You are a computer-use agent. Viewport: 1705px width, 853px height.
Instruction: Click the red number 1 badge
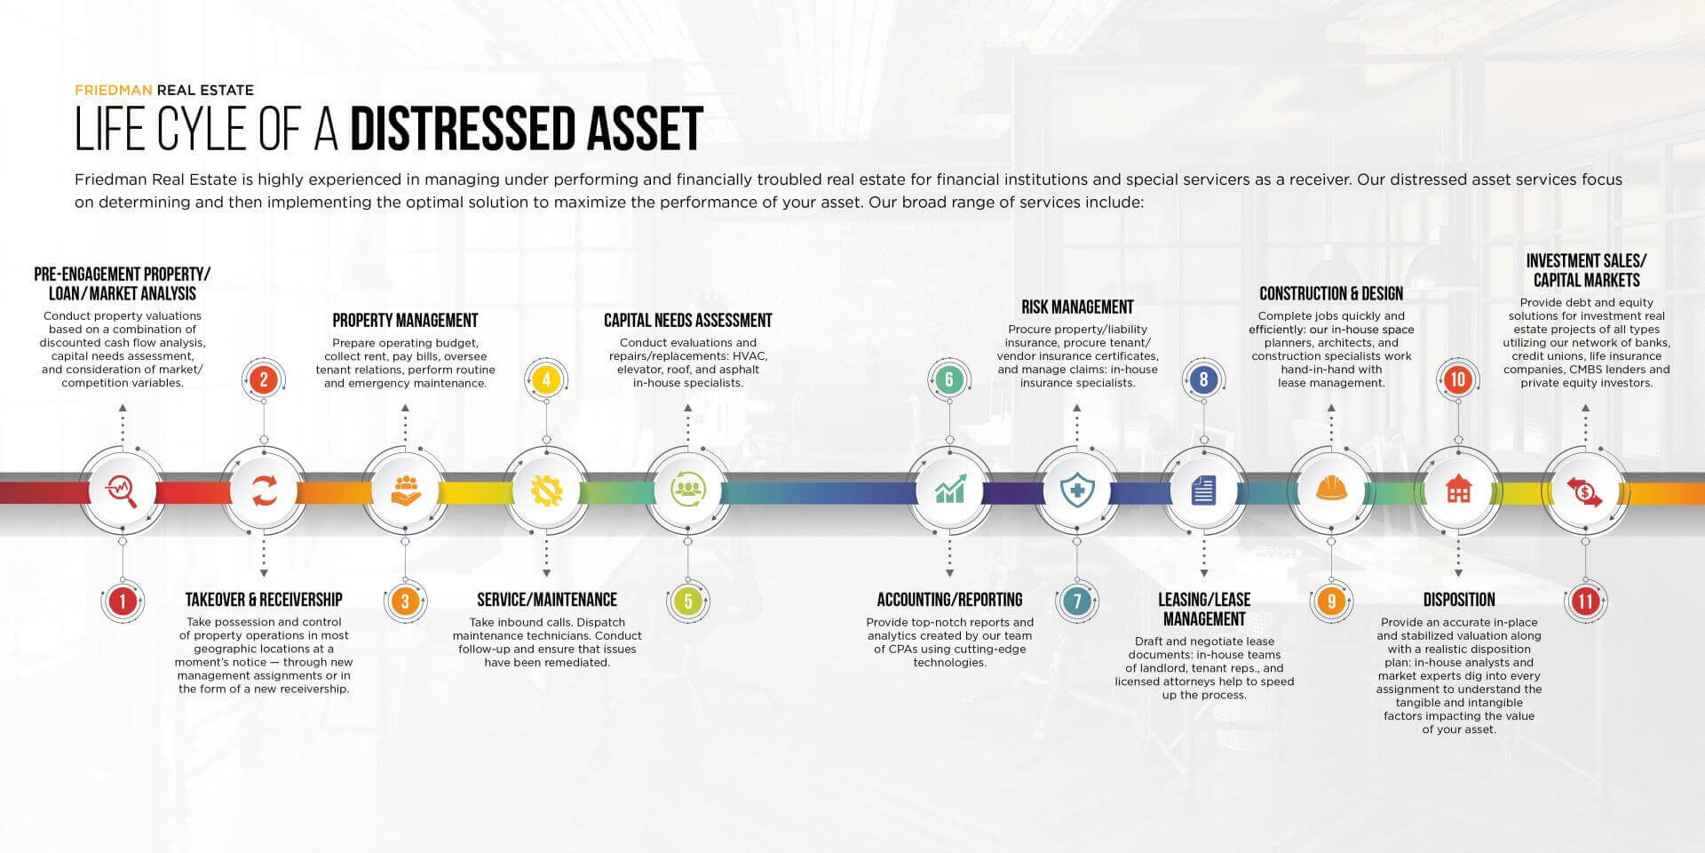pos(123,602)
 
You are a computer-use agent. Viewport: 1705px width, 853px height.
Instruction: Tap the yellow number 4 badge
pos(546,380)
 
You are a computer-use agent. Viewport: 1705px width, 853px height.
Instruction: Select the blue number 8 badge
pos(1203,380)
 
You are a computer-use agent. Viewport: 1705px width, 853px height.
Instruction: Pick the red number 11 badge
pos(1585,602)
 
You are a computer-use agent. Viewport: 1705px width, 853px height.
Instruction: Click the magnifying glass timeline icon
pos(122,490)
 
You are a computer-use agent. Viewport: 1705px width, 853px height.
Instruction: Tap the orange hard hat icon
pos(1331,490)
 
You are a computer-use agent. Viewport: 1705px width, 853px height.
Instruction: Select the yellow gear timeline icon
pos(546,490)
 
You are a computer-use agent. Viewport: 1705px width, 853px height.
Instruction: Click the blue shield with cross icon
pos(1077,490)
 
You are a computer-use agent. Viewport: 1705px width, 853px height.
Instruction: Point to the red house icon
pos(1458,490)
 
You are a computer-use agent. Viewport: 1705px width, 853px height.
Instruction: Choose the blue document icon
pos(1203,490)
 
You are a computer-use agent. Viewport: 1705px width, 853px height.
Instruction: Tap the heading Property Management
pos(405,321)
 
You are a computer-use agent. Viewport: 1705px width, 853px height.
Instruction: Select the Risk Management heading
pos(1077,307)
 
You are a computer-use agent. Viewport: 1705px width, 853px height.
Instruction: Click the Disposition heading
pos(1459,600)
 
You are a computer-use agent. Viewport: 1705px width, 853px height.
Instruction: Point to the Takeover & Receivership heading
pos(264,600)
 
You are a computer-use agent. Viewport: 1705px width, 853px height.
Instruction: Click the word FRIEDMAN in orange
pos(114,90)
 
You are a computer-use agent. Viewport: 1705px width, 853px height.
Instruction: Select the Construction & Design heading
pos(1331,294)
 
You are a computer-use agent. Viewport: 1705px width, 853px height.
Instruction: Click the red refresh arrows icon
pos(264,490)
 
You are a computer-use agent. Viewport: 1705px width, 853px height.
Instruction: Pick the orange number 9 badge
pos(1331,602)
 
